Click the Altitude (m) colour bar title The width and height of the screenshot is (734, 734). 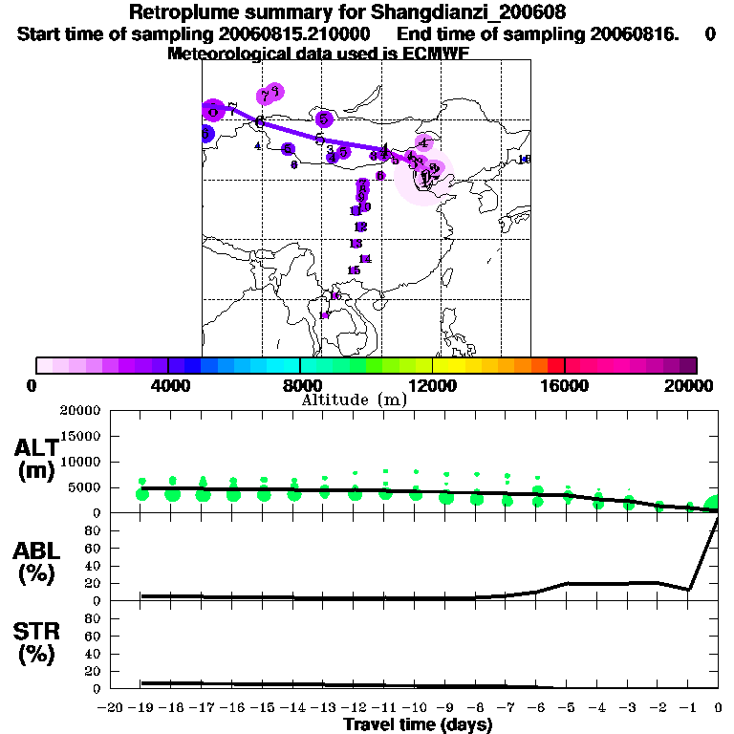[354, 399]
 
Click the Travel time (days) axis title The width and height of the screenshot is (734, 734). [418, 725]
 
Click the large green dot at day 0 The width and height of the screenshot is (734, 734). [713, 505]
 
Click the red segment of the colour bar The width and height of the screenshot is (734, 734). [555, 365]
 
